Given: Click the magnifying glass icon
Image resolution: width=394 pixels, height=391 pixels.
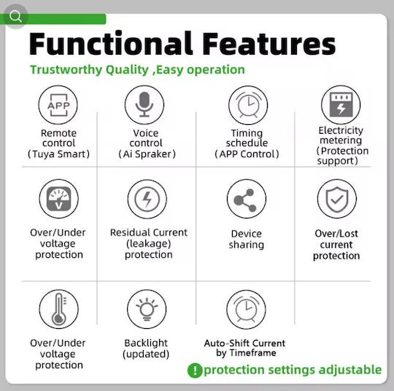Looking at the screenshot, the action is [15, 16].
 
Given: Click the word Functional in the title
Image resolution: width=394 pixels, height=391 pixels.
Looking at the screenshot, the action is [111, 43].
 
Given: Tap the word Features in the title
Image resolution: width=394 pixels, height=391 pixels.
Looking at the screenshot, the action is [269, 44].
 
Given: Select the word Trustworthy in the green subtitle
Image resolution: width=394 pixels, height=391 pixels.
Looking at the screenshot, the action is [66, 69].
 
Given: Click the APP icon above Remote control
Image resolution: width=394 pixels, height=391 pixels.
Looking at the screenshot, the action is [58, 105].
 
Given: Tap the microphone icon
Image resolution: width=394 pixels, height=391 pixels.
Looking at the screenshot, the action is [144, 105].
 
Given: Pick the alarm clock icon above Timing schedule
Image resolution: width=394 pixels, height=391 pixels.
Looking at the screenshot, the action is [248, 105].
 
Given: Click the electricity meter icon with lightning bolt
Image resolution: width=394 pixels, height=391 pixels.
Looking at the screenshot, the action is [341, 105].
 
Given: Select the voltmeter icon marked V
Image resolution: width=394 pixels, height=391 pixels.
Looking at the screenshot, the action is [58, 199].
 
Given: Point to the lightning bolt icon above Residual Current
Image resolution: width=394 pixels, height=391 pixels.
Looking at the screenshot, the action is [147, 199].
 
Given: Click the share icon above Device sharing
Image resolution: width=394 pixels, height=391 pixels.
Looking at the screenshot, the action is [247, 199].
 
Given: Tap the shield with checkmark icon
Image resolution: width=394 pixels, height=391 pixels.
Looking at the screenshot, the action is [337, 199].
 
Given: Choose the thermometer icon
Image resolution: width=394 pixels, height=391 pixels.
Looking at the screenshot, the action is [59, 309].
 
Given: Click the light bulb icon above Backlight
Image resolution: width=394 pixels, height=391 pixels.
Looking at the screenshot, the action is [147, 309].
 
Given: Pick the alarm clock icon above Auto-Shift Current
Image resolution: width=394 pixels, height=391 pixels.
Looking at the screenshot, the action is [246, 309].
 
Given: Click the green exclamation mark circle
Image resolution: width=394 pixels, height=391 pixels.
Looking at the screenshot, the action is [195, 371].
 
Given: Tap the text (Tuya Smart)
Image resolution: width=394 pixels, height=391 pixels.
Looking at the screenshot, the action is [58, 154].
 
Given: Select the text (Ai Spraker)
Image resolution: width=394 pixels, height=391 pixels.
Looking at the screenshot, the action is [147, 154].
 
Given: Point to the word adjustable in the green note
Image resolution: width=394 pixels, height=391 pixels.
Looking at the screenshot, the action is [350, 370].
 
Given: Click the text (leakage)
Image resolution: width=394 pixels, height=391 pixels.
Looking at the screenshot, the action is [149, 243].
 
